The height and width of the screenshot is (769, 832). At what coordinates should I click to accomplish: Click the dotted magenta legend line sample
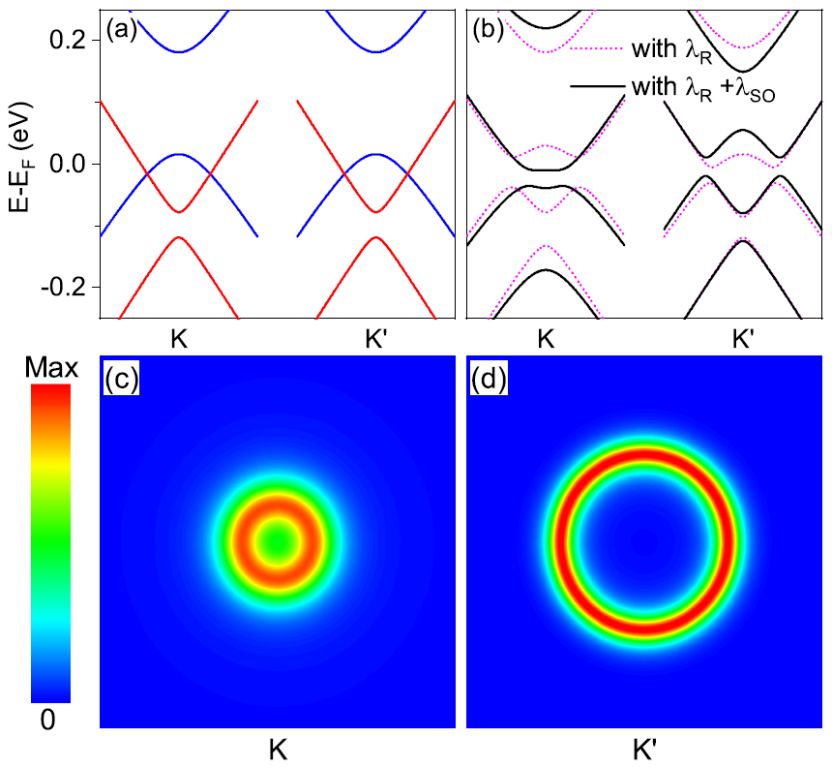596,48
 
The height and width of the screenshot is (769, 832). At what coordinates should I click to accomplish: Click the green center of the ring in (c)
279,541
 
